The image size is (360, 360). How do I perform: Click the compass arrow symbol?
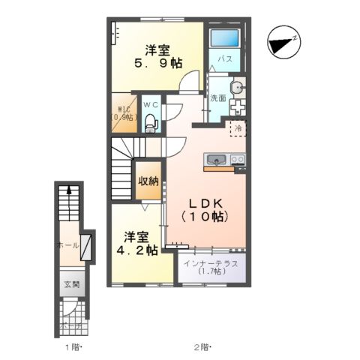click(284, 41)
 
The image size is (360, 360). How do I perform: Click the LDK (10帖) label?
click(203, 210)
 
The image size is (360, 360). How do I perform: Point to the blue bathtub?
click(224, 39)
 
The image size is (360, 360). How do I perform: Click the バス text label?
click(224, 58)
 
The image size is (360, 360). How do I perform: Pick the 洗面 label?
click(218, 98)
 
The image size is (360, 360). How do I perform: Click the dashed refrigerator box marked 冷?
click(238, 128)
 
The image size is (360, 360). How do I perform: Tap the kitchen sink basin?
click(215, 159)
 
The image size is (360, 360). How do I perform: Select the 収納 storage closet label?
click(148, 180)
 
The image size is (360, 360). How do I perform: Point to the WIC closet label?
click(121, 113)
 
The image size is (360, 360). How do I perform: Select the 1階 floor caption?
click(72, 346)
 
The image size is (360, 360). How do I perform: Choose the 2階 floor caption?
click(201, 346)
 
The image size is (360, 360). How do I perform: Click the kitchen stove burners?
click(237, 159)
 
